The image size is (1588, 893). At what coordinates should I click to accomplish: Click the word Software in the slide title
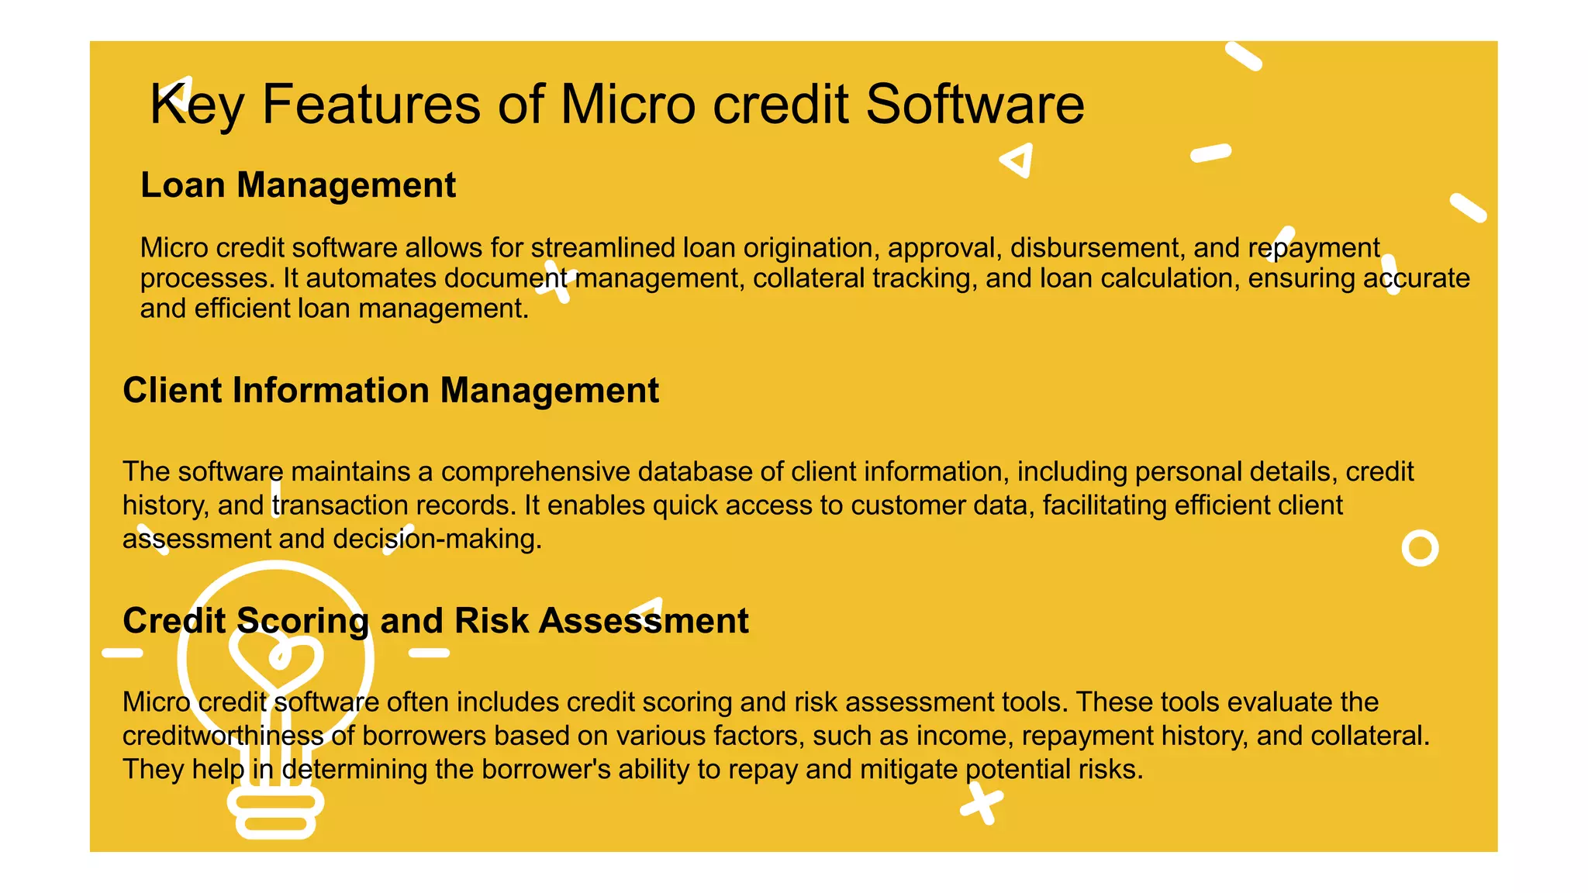[975, 104]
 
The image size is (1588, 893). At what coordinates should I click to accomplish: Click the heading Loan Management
[298, 185]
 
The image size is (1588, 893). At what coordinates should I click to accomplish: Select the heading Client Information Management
[391, 390]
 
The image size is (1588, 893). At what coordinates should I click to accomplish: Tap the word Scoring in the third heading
[303, 621]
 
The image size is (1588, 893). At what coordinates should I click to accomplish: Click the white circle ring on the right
[1420, 548]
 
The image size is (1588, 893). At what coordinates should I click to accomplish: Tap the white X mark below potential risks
[982, 803]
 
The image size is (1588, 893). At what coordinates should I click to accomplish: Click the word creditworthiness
[223, 736]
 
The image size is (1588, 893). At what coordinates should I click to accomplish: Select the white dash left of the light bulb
[123, 653]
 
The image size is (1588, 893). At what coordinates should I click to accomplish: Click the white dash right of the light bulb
[429, 653]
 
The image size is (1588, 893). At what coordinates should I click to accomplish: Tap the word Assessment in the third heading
[644, 621]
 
